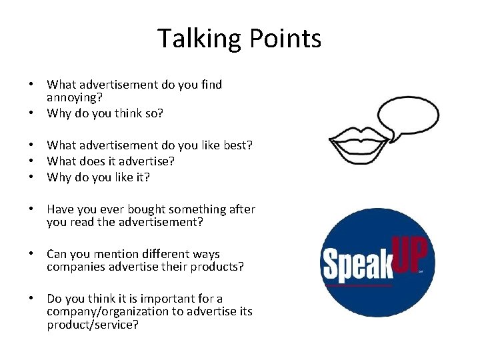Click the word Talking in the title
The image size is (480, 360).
(199, 39)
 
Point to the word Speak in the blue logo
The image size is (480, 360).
(357, 262)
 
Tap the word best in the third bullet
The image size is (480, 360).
(237, 145)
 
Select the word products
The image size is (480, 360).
(216, 267)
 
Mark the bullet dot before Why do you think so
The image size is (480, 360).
(31, 113)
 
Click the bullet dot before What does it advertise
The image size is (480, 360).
(31, 161)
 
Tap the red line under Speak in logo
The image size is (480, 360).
(357, 285)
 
